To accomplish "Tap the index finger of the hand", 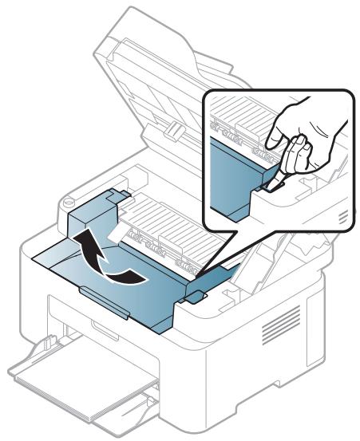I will tap(280, 128).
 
